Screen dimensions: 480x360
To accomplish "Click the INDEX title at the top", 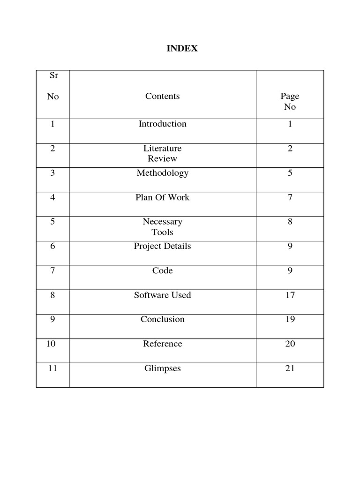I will [182, 49].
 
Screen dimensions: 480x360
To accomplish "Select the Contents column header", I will [162, 96].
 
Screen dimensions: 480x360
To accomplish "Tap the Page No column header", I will [290, 101].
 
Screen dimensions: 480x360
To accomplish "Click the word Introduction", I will [162, 124].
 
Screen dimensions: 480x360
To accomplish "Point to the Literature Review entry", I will [162, 153].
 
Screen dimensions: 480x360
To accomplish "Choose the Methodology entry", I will [162, 173].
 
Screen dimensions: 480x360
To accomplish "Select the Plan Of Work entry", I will [162, 197].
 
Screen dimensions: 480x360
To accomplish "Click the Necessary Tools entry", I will [162, 227].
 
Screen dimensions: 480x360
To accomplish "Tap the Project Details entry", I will [162, 246].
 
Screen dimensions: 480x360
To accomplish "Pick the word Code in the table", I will [162, 270].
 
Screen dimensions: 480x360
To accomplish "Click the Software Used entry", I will [162, 295].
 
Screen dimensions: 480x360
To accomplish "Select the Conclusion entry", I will [162, 319].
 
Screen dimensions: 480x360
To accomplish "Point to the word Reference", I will [162, 344].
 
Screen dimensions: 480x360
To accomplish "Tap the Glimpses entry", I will [162, 368].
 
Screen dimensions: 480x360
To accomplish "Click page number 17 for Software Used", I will [290, 295].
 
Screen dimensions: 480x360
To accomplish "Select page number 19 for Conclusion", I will [290, 319].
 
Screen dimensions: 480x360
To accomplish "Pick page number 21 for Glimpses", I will [290, 368].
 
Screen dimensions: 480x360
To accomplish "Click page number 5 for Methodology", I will [290, 173].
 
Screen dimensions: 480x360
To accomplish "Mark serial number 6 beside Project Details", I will [52, 246].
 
